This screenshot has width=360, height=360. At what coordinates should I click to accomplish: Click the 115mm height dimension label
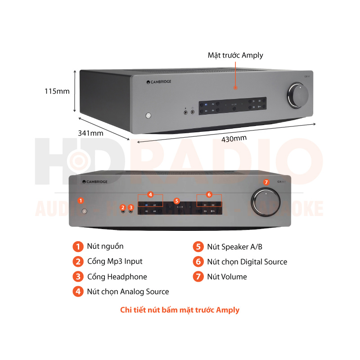[x=57, y=91]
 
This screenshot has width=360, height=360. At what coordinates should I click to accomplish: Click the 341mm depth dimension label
[x=90, y=133]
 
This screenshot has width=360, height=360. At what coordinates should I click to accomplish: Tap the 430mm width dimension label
[x=234, y=139]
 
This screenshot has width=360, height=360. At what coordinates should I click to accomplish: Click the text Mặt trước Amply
[x=235, y=55]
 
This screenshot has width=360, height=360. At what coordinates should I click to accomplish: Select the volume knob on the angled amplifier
[x=298, y=95]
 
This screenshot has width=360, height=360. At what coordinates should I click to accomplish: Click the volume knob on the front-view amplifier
[x=266, y=200]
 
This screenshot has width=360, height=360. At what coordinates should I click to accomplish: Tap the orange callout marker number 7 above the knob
[x=266, y=182]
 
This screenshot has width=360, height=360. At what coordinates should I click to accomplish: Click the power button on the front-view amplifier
[x=84, y=211]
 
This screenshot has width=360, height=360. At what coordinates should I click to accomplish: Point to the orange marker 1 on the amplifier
[x=81, y=200]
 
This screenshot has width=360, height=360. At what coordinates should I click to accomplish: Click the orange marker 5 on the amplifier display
[x=177, y=201]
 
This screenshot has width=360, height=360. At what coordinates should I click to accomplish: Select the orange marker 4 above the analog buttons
[x=151, y=195]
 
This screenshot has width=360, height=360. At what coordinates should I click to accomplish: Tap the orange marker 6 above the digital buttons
[x=209, y=195]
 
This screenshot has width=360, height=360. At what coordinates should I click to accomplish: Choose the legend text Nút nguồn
[x=105, y=246]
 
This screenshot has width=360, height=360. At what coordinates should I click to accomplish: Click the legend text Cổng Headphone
[x=117, y=277]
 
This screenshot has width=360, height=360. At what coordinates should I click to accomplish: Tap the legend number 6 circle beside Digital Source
[x=198, y=261]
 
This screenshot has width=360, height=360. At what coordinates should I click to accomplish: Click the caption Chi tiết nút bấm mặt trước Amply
[x=180, y=310]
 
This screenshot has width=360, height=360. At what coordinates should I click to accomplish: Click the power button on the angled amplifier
[x=148, y=116]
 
